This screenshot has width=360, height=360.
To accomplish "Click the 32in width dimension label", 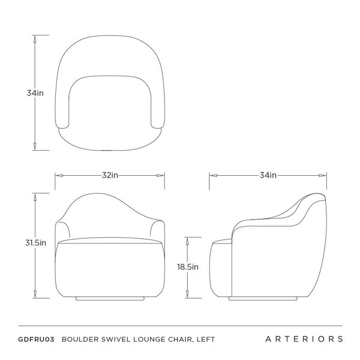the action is (110, 175).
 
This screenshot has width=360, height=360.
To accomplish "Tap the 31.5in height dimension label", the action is (35, 242).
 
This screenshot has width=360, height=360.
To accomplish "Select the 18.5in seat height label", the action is (188, 267).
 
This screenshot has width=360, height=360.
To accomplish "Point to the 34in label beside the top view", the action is (35, 93).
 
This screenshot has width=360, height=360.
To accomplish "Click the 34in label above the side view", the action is (268, 175).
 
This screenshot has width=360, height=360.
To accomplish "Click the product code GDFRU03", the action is (36, 340).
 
